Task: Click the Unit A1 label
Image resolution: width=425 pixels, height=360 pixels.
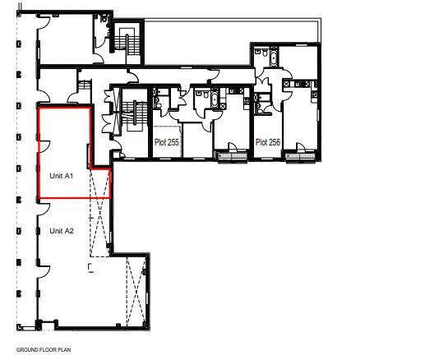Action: pos(62,176)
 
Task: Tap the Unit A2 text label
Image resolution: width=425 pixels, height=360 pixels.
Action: pos(62,231)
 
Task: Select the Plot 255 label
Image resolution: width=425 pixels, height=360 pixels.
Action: pos(167,142)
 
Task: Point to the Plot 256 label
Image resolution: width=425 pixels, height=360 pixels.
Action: pos(268,142)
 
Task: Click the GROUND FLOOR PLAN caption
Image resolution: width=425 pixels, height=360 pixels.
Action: pos(44,350)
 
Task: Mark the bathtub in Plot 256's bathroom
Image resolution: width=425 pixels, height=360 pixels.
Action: pos(274,57)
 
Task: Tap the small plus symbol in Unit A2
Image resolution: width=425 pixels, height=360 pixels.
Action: pos(90,218)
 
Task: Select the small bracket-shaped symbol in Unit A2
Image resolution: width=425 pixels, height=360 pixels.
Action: pos(90,268)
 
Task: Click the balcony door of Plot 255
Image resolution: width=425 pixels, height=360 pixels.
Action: pos(232,147)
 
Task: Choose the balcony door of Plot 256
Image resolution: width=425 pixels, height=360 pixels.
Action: pos(300,147)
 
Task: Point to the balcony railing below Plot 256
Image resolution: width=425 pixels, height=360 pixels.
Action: pos(301,157)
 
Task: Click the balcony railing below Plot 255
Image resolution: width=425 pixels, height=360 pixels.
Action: pos(233,157)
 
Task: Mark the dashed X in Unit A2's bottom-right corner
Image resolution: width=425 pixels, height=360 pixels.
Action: pos(136,292)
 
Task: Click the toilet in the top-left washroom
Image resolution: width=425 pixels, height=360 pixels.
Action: pos(104,18)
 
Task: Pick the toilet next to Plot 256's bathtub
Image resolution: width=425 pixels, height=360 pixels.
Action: pos(265,53)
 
